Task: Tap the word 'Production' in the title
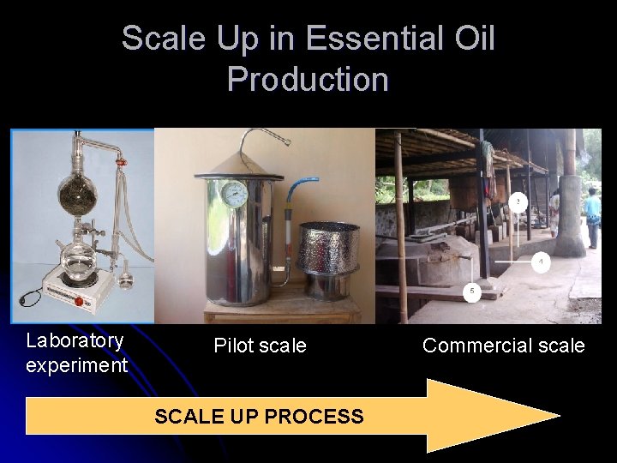point(308,79)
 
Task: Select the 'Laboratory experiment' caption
point(76,352)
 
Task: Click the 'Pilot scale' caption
point(260,346)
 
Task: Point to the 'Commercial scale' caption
point(503,346)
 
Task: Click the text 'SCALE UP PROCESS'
point(259,417)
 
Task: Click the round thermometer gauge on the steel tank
point(234,194)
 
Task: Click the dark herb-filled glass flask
point(77,186)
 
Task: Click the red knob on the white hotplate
point(79,301)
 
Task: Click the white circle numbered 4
point(540,262)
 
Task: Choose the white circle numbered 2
point(518,201)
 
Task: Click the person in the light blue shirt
point(592,214)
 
